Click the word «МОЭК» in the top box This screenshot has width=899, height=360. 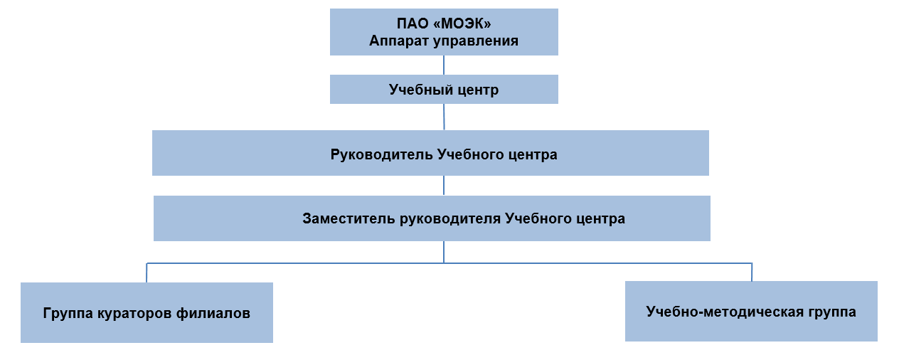point(462,23)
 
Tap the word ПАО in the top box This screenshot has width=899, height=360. point(413,23)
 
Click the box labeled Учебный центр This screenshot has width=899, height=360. point(444,89)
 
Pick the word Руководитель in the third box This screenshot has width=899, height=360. point(381,154)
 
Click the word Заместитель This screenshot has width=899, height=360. point(349,218)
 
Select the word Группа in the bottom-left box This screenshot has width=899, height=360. point(68,314)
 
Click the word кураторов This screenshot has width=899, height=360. point(134,314)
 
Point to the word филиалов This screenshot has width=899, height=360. point(213,313)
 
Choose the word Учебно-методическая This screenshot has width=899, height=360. point(720,312)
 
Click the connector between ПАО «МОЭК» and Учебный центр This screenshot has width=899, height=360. point(444,65)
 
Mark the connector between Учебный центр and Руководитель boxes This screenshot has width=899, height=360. point(444,117)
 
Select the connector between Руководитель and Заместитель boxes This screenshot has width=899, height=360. point(444,186)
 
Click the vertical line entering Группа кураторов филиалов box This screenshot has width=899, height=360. point(147,273)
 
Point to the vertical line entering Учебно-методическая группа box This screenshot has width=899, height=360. point(752,272)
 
